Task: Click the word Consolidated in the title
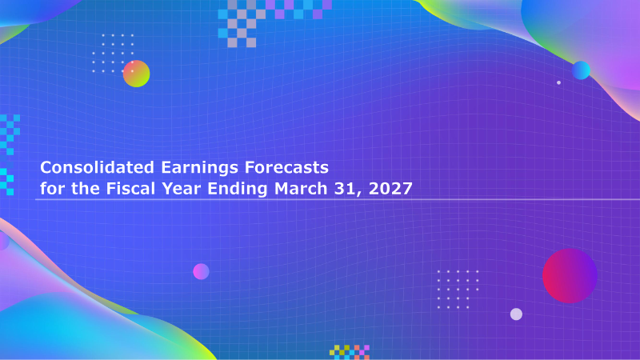click(x=97, y=167)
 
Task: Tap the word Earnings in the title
click(x=199, y=168)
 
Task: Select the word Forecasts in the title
click(x=286, y=167)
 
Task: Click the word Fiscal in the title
click(x=130, y=189)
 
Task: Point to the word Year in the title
click(x=182, y=189)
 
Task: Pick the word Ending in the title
click(x=237, y=190)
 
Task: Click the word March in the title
click(x=301, y=189)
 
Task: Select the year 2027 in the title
click(x=390, y=189)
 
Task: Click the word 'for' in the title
click(x=52, y=189)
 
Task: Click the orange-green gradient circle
click(x=136, y=74)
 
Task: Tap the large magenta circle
click(x=570, y=276)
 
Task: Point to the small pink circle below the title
click(x=201, y=271)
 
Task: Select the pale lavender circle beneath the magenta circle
click(x=516, y=314)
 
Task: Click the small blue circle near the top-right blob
click(x=582, y=70)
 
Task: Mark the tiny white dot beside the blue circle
click(x=558, y=82)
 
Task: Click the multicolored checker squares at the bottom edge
click(x=350, y=352)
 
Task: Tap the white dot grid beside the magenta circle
click(x=458, y=290)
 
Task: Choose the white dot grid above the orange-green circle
click(x=113, y=54)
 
